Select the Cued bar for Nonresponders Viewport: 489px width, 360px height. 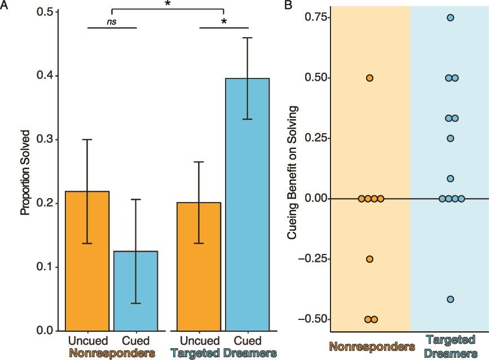(x=135, y=291)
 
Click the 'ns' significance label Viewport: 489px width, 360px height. (x=112, y=21)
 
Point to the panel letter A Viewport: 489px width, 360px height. (x=5, y=5)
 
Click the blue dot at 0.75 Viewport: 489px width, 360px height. (x=451, y=17)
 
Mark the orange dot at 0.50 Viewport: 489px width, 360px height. (x=370, y=78)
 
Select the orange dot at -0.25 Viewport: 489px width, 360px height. (x=370, y=259)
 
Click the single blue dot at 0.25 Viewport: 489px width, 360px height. (x=451, y=138)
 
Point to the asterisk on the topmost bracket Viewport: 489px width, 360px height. (x=168, y=5)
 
